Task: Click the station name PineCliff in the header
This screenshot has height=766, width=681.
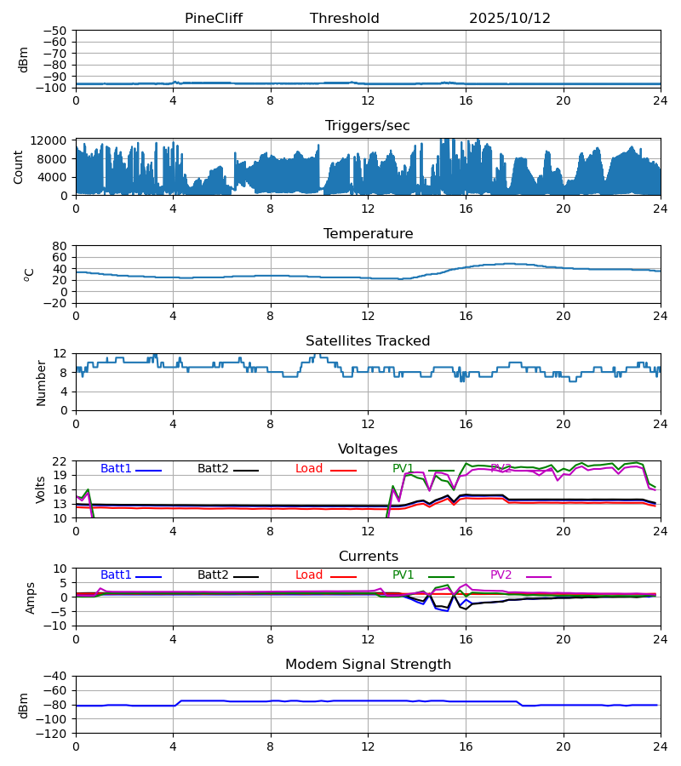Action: pyautogui.click(x=214, y=19)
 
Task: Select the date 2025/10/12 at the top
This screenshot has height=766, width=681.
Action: pyautogui.click(x=510, y=19)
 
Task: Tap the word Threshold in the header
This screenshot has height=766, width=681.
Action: pyautogui.click(x=345, y=19)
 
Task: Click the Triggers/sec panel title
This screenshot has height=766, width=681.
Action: pyautogui.click(x=368, y=126)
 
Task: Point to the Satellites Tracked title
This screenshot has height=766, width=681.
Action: pyautogui.click(x=368, y=341)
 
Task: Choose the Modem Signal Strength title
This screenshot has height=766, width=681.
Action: pyautogui.click(x=368, y=665)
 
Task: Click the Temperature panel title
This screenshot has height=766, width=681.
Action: pyautogui.click(x=368, y=234)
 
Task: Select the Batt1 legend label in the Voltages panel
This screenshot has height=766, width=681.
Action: pyautogui.click(x=117, y=469)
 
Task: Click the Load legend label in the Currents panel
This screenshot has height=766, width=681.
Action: pyautogui.click(x=309, y=575)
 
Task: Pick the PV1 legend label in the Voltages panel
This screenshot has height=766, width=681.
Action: pyautogui.click(x=403, y=469)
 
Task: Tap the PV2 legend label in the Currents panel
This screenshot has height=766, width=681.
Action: pyautogui.click(x=501, y=575)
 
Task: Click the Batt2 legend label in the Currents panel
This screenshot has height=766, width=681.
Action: pyautogui.click(x=213, y=575)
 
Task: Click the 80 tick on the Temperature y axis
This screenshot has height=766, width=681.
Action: pyautogui.click(x=60, y=246)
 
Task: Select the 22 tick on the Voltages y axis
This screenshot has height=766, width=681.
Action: pyautogui.click(x=60, y=461)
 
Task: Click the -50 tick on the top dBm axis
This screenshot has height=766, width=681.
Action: pyautogui.click(x=56, y=31)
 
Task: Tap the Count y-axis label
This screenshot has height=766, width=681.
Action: pyautogui.click(x=19, y=167)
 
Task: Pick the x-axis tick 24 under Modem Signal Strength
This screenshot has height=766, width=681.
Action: pyautogui.click(x=660, y=746)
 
